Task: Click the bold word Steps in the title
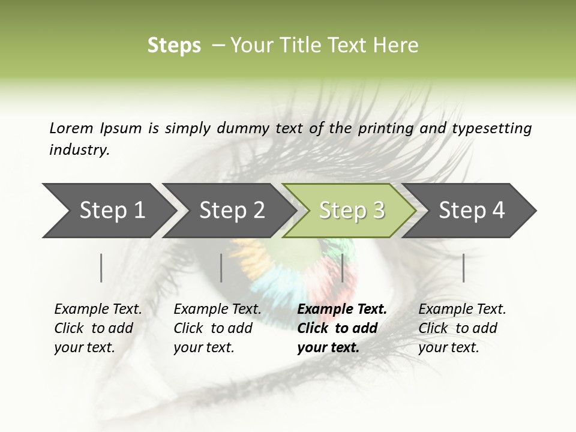tap(174, 46)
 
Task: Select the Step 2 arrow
tap(232, 211)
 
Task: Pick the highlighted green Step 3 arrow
tap(352, 211)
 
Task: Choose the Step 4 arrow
tap(472, 211)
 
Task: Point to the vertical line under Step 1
tap(101, 268)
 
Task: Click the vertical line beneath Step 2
tap(221, 268)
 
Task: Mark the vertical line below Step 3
tap(342, 268)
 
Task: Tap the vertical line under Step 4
tap(463, 268)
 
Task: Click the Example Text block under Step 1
tap(98, 328)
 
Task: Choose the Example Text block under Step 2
tap(217, 328)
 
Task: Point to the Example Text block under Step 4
tap(462, 328)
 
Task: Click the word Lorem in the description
tap(71, 128)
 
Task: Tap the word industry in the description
tap(79, 150)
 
